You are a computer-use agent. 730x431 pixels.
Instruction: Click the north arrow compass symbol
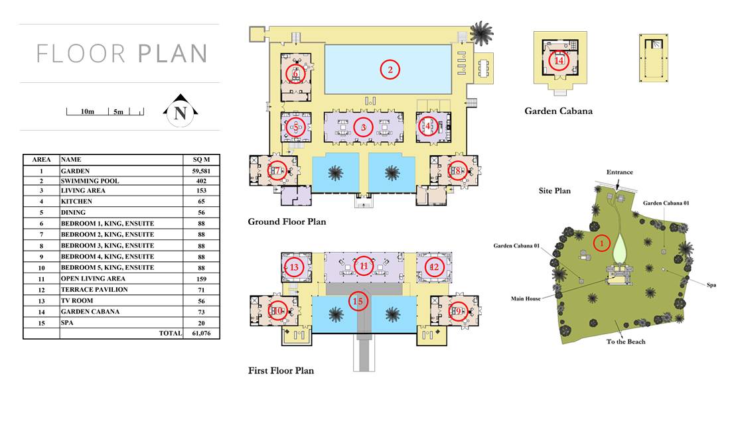point(181,111)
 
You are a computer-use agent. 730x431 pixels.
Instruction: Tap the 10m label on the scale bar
point(88,111)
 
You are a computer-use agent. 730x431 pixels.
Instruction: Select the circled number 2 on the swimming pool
point(390,70)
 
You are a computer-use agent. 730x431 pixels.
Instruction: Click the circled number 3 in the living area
point(363,127)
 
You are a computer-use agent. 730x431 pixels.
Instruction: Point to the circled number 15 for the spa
point(358,301)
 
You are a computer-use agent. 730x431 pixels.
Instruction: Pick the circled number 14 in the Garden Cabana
point(559,60)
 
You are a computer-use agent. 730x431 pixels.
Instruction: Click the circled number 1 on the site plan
point(601,243)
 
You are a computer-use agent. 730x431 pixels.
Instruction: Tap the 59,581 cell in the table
point(201,171)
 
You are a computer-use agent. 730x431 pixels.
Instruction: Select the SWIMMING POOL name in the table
point(90,181)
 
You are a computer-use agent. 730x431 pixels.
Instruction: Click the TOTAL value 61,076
point(201,334)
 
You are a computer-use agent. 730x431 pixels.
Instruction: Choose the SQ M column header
point(201,160)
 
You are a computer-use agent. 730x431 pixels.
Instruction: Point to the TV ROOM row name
point(77,301)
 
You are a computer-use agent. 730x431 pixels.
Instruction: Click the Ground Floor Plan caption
point(287,221)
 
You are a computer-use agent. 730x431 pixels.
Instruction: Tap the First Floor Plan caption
point(281,371)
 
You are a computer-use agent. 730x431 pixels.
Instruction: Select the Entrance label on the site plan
point(620,172)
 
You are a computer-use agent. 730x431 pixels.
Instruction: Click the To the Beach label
point(626,341)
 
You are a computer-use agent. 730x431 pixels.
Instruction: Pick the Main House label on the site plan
point(526,298)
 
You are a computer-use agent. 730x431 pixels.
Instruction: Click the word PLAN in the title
point(173,54)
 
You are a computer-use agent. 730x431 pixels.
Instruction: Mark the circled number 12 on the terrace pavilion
point(434,267)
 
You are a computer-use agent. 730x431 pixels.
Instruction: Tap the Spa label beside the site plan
point(711,285)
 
